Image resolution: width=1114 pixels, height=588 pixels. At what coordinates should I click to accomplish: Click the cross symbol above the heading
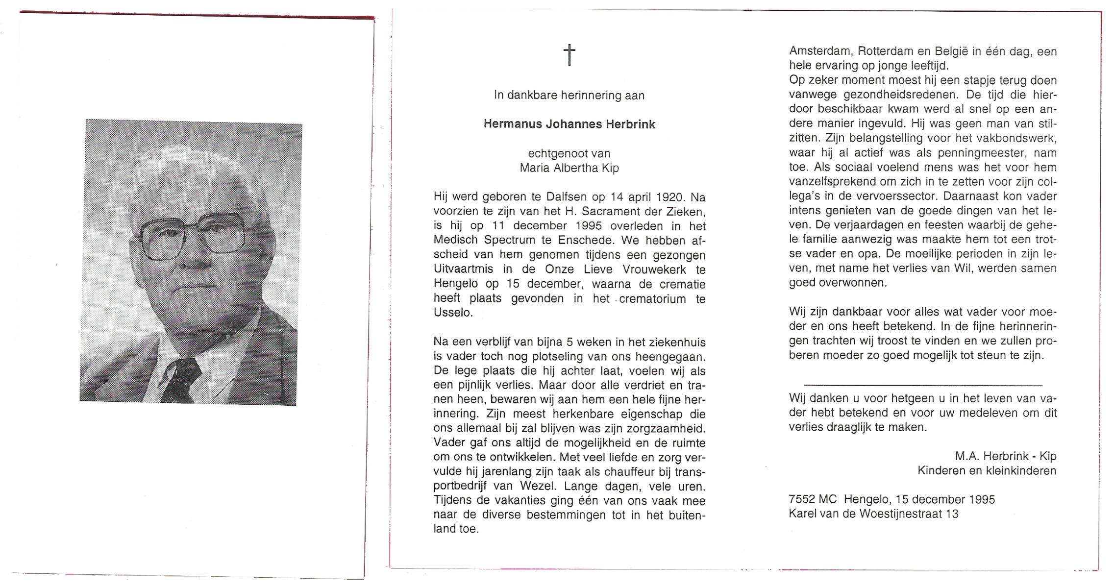[x=569, y=55]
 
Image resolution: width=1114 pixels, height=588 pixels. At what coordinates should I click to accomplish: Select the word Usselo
[x=453, y=313]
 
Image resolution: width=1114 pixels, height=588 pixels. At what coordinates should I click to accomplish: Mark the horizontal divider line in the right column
[x=923, y=385]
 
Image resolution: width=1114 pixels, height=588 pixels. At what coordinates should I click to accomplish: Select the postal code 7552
[x=802, y=499]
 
